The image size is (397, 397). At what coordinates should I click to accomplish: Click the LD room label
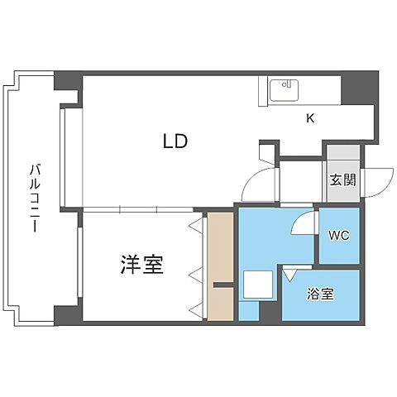coord(175,141)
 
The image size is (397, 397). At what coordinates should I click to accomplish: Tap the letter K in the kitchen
coord(310,118)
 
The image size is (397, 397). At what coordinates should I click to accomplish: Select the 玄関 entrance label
coord(343,179)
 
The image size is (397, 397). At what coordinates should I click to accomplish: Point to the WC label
coord(339,235)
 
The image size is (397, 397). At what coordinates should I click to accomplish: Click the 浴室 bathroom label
coord(322,294)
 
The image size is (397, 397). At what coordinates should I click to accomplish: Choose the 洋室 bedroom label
coord(141,265)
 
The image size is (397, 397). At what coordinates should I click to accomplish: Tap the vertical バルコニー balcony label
coord(35,198)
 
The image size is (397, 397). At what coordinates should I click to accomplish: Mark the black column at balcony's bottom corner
coord(65,315)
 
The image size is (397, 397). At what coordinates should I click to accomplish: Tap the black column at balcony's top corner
coord(65,82)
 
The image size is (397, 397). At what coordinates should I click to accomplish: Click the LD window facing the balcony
coord(64,158)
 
